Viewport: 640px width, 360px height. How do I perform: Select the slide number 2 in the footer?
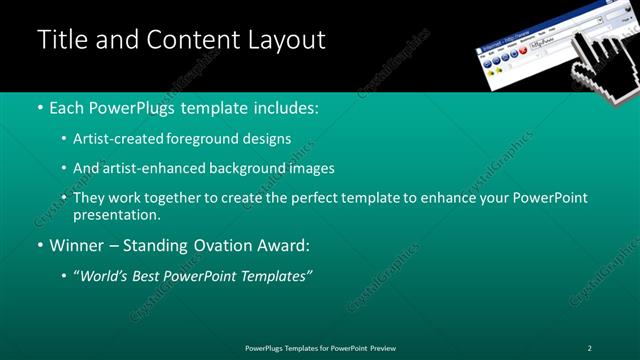pyautogui.click(x=589, y=348)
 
